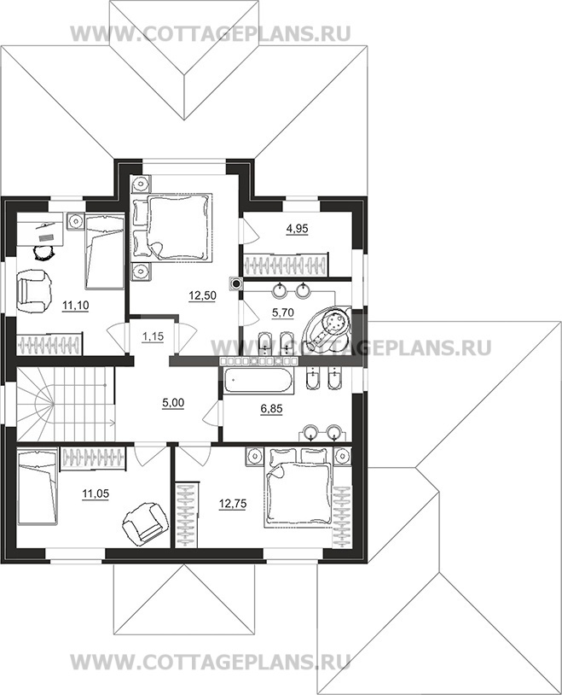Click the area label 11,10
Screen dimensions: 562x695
click(x=75, y=305)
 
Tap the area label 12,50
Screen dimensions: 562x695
click(x=202, y=295)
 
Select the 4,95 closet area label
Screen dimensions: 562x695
click(x=298, y=229)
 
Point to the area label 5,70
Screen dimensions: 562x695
click(x=282, y=313)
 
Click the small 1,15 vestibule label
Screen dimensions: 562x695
click(x=153, y=336)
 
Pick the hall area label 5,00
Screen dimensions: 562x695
click(x=173, y=403)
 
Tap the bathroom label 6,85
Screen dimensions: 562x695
click(x=271, y=409)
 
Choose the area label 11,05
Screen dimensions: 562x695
click(x=96, y=494)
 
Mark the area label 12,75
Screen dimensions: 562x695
click(x=233, y=504)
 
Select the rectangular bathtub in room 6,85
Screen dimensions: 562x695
click(x=258, y=381)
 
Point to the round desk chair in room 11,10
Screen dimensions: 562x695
click(x=43, y=253)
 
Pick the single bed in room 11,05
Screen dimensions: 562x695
click(x=38, y=487)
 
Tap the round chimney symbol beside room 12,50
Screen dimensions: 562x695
click(x=236, y=283)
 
